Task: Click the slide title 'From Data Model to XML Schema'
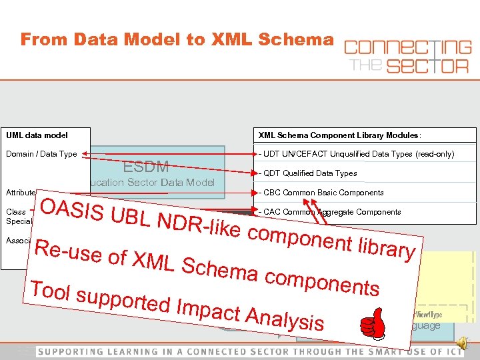[177, 39]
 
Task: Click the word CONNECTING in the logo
[407, 48]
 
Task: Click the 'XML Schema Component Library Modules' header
[339, 135]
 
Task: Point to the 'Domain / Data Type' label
[41, 154]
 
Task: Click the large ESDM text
[146, 166]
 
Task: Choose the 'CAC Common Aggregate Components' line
[333, 212]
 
